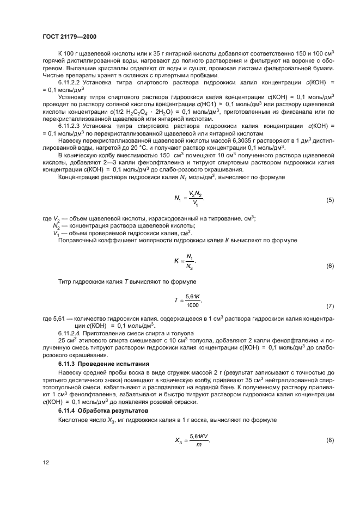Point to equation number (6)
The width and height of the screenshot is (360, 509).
(x=330, y=266)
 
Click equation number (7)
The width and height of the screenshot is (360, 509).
(x=330, y=306)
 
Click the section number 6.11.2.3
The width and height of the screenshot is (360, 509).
(x=71, y=126)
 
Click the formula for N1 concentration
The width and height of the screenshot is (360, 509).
(x=191, y=198)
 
